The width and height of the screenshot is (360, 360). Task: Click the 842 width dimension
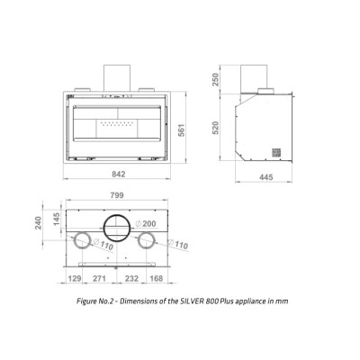pos(118,174)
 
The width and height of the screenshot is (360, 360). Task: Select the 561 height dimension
pos(182,130)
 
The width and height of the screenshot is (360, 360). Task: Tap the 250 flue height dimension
pos(216,79)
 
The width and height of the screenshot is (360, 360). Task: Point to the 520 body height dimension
pos(216,128)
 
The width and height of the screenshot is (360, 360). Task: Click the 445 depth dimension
pos(266,177)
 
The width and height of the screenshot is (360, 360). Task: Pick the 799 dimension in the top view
pos(117,195)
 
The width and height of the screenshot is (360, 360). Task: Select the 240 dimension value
pos(39,223)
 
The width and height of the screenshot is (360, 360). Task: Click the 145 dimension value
pos(57,220)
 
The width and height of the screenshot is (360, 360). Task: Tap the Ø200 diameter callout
pos(146,223)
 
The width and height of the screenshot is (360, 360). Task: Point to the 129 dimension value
pos(75,278)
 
